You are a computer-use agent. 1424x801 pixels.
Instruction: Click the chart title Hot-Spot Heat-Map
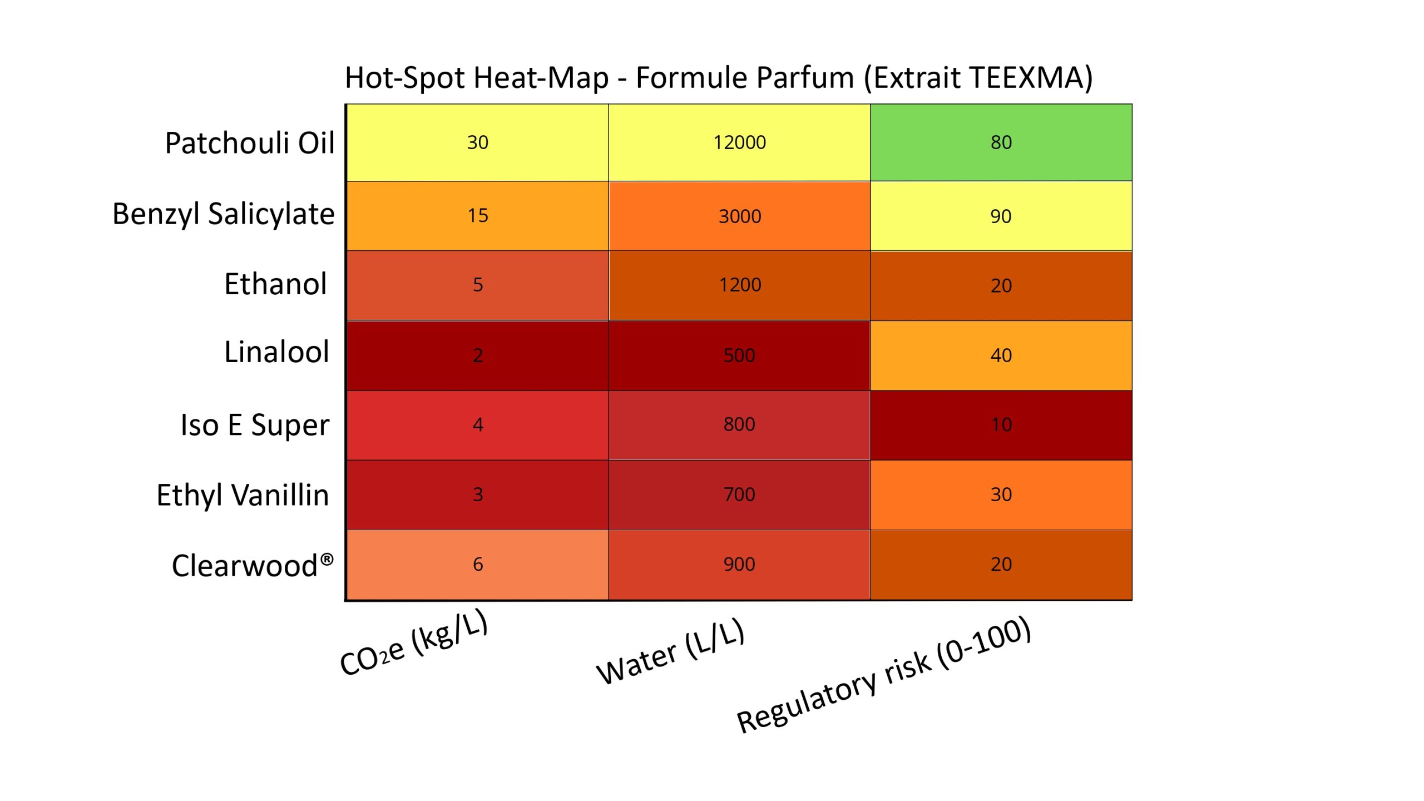pyautogui.click(x=719, y=78)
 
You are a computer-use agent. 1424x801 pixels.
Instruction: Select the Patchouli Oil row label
pyautogui.click(x=250, y=143)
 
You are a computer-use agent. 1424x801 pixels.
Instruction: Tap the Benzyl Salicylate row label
pyautogui.click(x=224, y=214)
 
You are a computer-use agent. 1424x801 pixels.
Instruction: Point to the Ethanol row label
pyautogui.click(x=275, y=284)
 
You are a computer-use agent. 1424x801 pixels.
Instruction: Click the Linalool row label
pyautogui.click(x=276, y=352)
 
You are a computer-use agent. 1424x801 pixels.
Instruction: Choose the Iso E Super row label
pyautogui.click(x=255, y=425)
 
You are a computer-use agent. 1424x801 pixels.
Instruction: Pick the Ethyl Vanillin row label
pyautogui.click(x=243, y=495)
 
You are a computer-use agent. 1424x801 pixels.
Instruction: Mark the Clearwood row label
pyautogui.click(x=252, y=566)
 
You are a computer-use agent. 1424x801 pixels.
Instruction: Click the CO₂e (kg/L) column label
pyautogui.click(x=414, y=643)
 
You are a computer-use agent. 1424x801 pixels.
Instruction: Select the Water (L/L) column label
pyautogui.click(x=670, y=651)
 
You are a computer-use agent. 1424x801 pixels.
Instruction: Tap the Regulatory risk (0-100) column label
pyautogui.click(x=884, y=675)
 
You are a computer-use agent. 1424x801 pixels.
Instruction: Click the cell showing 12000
pyautogui.click(x=739, y=142)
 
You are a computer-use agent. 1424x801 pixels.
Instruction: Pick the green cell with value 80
pyautogui.click(x=1001, y=142)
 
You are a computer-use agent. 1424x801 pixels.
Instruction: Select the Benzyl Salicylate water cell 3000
pyautogui.click(x=739, y=216)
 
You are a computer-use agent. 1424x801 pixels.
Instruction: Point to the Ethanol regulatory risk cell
pyautogui.click(x=1001, y=285)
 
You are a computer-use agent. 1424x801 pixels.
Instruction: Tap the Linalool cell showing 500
pyautogui.click(x=739, y=355)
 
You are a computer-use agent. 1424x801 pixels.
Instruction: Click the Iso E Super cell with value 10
pyautogui.click(x=1001, y=425)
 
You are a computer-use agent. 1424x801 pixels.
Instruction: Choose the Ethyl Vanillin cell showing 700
pyautogui.click(x=739, y=495)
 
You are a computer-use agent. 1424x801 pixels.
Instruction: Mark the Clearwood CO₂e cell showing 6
pyautogui.click(x=477, y=565)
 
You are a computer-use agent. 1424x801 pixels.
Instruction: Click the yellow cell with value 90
pyautogui.click(x=1001, y=216)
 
